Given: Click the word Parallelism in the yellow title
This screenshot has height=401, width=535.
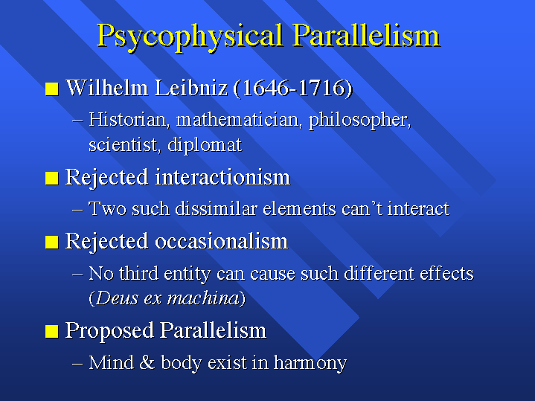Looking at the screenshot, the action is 366,35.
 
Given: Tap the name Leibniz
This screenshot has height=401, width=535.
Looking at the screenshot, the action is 190,88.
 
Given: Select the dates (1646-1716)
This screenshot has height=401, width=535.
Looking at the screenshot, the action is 292,88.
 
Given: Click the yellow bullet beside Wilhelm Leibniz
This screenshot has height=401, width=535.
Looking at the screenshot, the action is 52,89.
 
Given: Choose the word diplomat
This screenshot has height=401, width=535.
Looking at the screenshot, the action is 205,145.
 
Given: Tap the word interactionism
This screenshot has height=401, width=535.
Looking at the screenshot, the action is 222,177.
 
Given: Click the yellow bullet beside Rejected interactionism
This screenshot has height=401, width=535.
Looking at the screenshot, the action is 52,178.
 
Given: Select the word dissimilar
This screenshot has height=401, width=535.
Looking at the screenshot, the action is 216,208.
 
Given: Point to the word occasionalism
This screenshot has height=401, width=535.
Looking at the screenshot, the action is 222,241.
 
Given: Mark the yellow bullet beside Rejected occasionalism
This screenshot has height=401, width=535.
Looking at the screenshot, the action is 52,242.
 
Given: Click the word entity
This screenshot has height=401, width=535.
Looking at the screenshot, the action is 187,274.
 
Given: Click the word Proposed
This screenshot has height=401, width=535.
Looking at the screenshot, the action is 109,330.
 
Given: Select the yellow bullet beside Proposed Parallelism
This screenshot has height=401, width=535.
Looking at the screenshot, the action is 52,331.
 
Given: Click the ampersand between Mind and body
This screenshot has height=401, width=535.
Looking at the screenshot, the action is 147,362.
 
